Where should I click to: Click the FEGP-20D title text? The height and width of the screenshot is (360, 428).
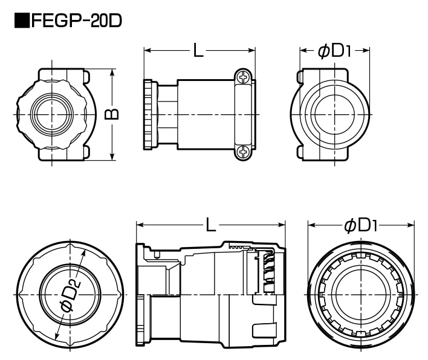tap(76, 22)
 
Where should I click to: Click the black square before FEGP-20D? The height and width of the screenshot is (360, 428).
tap(22, 22)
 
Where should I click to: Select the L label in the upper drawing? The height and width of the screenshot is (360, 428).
tap(198, 51)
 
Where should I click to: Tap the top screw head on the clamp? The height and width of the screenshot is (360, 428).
tap(243, 78)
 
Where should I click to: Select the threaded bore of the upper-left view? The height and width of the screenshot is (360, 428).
tap(51, 114)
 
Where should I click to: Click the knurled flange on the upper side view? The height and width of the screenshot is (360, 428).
tap(148, 114)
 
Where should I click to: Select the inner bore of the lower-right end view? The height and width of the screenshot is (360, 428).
tap(361, 293)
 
